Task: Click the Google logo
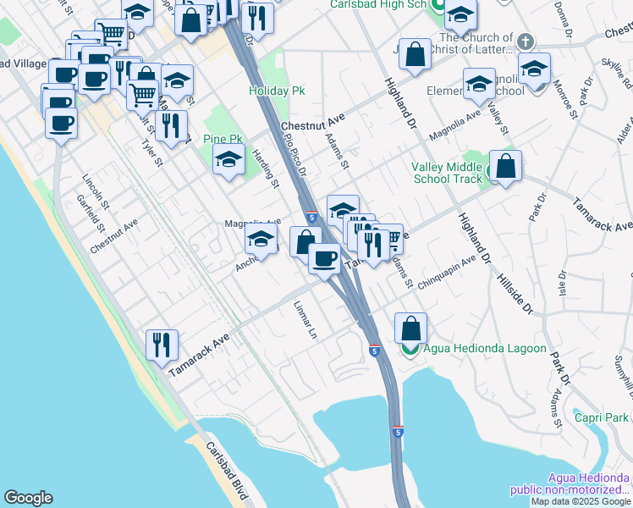(28, 498)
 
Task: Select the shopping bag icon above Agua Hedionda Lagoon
(410, 328)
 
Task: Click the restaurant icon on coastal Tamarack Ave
(161, 344)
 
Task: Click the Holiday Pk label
(277, 90)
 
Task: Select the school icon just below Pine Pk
(228, 160)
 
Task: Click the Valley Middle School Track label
(447, 173)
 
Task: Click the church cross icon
(526, 41)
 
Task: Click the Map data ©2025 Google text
(581, 501)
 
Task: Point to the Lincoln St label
(96, 192)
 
